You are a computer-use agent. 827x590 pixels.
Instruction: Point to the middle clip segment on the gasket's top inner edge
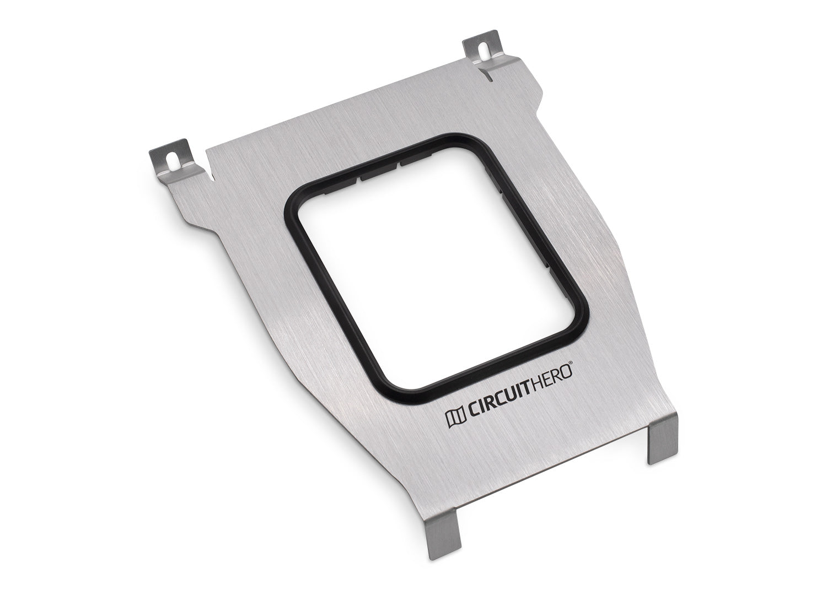pos(380,174)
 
